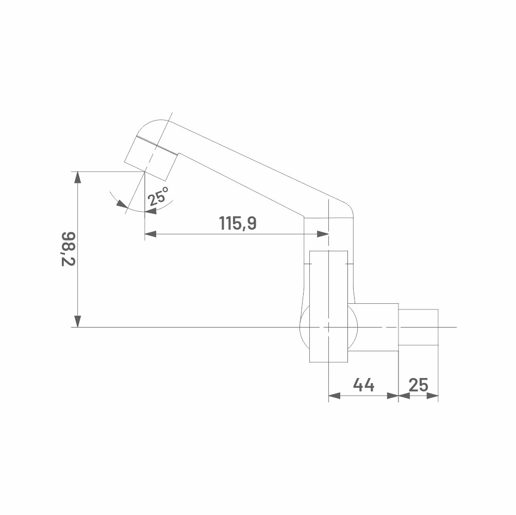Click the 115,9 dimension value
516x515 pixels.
(x=238, y=224)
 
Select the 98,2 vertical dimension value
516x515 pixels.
(x=69, y=249)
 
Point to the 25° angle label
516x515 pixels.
(x=158, y=196)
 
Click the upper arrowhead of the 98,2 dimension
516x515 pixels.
(x=77, y=177)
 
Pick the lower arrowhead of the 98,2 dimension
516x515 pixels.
(x=77, y=321)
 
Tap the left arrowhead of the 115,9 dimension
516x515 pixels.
(x=151, y=234)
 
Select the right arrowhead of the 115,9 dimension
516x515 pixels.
(x=323, y=234)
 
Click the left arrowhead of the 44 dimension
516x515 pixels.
(x=335, y=396)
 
